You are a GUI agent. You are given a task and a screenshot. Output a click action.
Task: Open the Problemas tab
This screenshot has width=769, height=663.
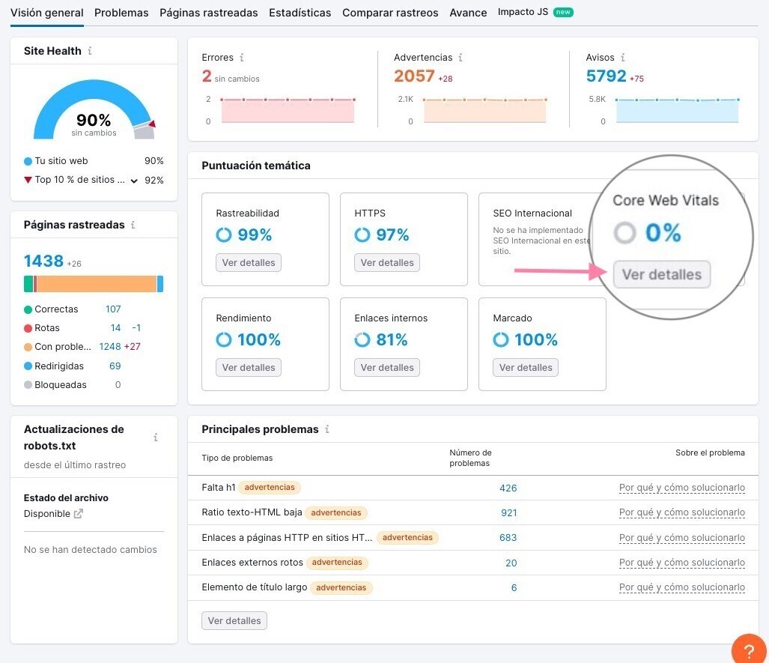(x=121, y=13)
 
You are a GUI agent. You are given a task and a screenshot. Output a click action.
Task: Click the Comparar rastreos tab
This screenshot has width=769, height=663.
(x=390, y=13)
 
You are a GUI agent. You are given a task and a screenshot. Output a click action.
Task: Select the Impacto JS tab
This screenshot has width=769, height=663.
(x=523, y=12)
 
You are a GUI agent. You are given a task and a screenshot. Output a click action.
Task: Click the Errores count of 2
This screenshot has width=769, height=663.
(x=207, y=76)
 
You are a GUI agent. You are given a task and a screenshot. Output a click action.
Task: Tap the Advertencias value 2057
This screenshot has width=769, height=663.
(x=414, y=76)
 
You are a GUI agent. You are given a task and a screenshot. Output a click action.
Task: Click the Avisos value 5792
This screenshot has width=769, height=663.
(x=606, y=76)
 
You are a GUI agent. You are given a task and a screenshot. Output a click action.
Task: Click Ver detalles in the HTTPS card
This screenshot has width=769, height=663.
(x=387, y=263)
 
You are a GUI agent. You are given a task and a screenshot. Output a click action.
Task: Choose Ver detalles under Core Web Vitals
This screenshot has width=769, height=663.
(x=662, y=275)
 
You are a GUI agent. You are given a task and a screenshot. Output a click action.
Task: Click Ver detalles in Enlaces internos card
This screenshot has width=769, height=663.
(x=387, y=368)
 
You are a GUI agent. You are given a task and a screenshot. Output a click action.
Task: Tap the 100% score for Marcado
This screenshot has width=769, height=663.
(x=535, y=340)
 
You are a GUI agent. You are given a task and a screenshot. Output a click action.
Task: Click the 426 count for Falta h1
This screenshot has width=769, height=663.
(x=508, y=488)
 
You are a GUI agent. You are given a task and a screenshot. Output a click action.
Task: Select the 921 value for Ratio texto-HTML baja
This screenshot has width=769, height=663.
(x=508, y=513)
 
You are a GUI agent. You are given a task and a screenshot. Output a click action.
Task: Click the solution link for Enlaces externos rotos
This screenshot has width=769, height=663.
(x=681, y=563)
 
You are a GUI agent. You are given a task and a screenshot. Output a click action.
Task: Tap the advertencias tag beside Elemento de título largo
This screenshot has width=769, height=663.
(x=341, y=587)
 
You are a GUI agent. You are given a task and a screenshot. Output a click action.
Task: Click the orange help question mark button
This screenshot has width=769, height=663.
(x=748, y=649)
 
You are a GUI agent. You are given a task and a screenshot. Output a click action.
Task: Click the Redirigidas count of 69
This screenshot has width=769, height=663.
(x=115, y=366)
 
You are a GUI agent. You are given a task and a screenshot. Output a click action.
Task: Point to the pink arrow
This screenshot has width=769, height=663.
(x=562, y=270)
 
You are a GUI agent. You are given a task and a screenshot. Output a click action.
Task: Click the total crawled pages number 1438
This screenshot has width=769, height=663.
(x=43, y=261)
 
